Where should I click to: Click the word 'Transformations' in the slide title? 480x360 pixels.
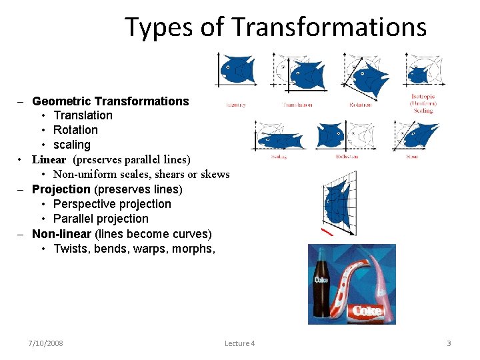pos(329,27)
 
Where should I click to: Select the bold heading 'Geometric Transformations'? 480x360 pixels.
pos(111,101)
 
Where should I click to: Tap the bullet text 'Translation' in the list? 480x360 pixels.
pos(83,115)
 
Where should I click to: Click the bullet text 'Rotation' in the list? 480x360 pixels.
pos(75,130)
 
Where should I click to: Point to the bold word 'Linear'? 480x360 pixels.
pos(49,159)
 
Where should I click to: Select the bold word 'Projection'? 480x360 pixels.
pos(61,189)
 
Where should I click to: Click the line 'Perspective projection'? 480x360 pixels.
pos(112,204)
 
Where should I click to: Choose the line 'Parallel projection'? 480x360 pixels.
pos(101,219)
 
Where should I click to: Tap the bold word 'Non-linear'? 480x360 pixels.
pos(62,234)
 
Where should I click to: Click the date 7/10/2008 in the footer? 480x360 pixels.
pos(46,343)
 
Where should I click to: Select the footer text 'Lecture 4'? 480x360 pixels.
pos(239,343)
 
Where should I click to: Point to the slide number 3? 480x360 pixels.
pos(449,343)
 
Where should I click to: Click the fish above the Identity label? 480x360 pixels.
pos(237,69)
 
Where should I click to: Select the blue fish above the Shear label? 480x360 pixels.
pos(419,136)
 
